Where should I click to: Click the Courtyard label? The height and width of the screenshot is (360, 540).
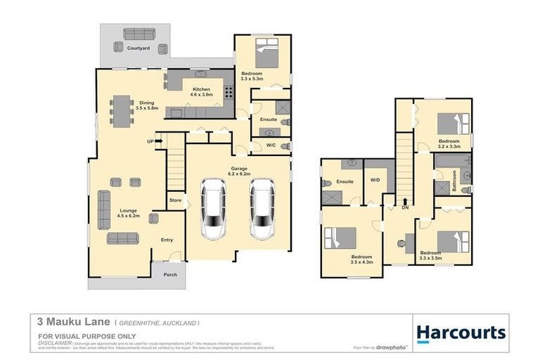click(x=139, y=49)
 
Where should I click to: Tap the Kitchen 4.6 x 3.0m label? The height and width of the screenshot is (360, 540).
click(x=202, y=93)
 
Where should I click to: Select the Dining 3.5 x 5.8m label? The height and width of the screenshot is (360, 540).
click(x=147, y=105)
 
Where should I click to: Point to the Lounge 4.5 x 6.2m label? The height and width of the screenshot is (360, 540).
click(x=128, y=213)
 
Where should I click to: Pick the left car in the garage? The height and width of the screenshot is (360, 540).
click(x=214, y=210)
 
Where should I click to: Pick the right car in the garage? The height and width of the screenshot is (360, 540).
click(x=262, y=210)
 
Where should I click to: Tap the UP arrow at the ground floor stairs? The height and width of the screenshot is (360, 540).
click(x=153, y=141)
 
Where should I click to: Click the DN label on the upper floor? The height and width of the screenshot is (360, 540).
click(x=404, y=208)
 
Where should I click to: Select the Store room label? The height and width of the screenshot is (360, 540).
click(x=175, y=201)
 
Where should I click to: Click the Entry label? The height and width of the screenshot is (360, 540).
click(x=167, y=240)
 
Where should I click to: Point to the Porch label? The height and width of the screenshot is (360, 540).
click(x=170, y=274)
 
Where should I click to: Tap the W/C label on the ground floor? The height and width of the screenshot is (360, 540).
click(x=271, y=146)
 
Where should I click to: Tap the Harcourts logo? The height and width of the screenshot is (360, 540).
click(x=461, y=333)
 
